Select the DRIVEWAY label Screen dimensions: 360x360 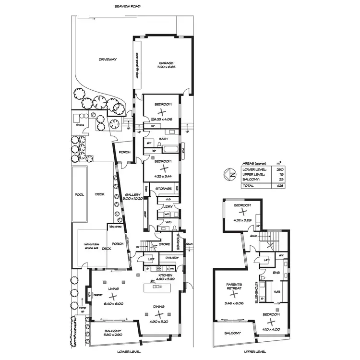click(108, 60)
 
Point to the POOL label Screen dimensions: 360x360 click(79, 195)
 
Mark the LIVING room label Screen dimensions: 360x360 click(113, 289)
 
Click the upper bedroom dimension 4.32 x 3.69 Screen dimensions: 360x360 click(241, 220)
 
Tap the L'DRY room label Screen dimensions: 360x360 click(168, 207)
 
